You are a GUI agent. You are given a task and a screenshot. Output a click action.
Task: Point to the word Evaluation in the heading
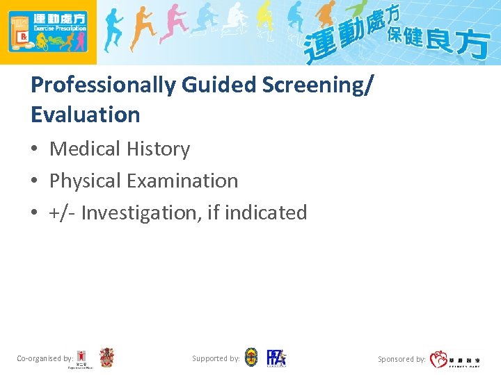[x=86, y=115]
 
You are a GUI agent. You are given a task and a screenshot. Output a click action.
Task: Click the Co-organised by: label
[x=45, y=358]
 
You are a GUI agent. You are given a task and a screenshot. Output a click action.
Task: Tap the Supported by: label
[x=216, y=358]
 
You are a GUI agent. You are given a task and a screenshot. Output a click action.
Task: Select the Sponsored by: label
[x=401, y=359]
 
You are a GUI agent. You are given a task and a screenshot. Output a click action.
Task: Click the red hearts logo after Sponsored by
[x=438, y=359]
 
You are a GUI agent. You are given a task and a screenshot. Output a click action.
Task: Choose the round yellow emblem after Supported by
[x=251, y=358]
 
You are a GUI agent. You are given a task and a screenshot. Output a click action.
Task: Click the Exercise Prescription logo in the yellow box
[x=47, y=32]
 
